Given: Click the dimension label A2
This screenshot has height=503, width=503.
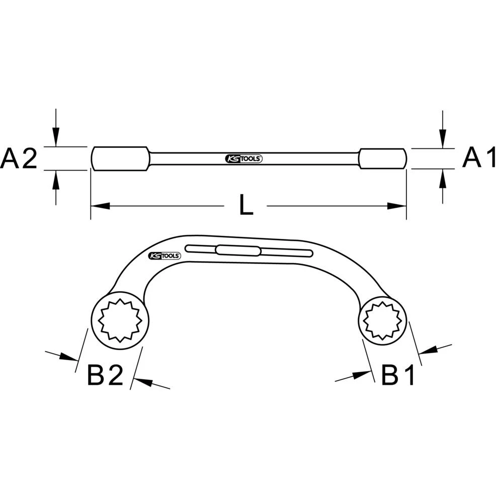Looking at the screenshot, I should [19, 159].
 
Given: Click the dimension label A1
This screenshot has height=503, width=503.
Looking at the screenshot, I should [479, 158].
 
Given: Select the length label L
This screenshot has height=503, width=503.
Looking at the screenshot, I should [246, 206].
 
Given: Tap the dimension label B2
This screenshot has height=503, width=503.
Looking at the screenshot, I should [105, 375].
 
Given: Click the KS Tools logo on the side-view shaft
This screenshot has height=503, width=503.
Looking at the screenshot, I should [243, 159].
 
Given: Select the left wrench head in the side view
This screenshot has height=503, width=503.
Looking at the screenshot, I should [120, 158].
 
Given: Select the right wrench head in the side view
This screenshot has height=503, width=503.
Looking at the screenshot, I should [382, 158].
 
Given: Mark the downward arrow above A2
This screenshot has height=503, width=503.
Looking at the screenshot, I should [56, 137].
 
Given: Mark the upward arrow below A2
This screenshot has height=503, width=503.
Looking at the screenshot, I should [56, 180].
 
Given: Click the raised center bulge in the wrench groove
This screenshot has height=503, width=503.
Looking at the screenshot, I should [238, 250].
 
